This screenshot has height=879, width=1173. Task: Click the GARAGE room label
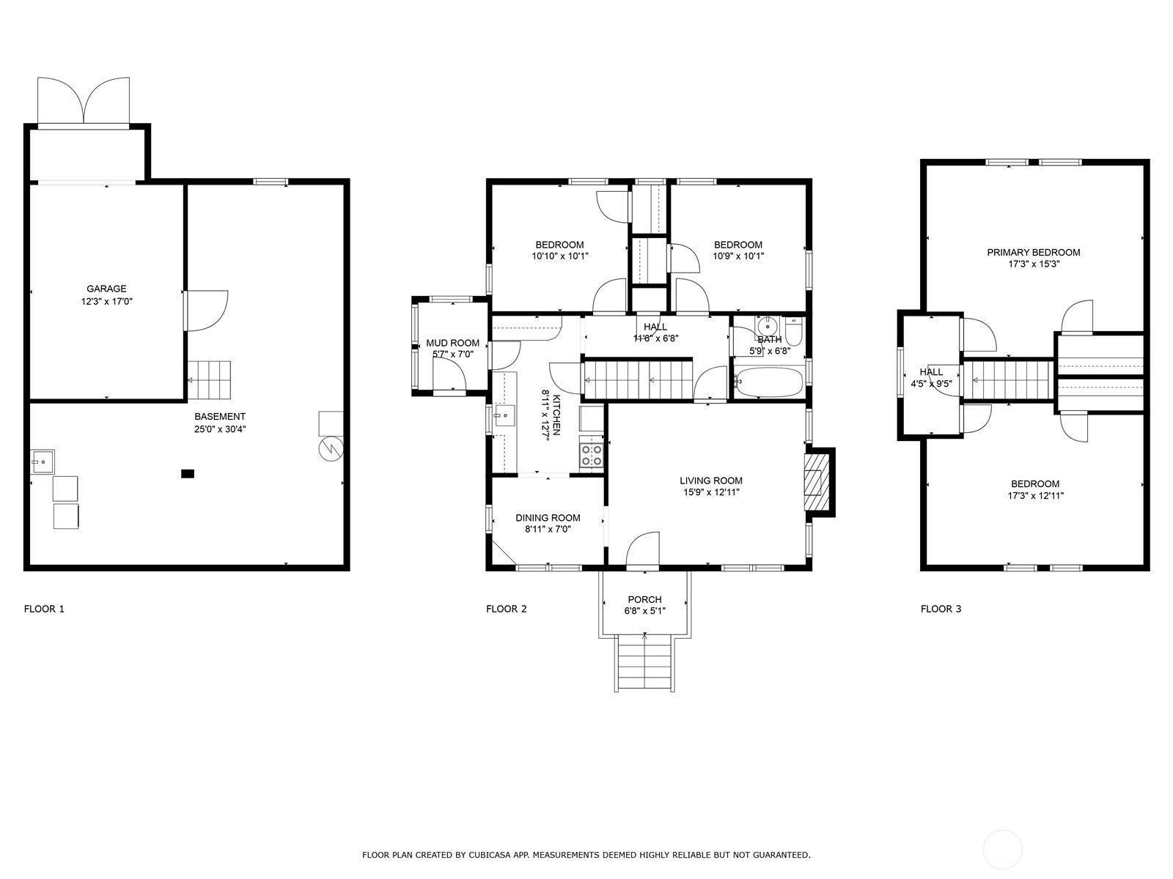[106, 289]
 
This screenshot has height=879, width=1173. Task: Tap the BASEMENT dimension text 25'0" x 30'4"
[220, 429]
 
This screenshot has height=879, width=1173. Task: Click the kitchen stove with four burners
[592, 455]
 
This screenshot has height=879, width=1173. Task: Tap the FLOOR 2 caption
[506, 609]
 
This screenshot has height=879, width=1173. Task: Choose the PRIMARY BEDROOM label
[1034, 253]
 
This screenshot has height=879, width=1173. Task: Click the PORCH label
[644, 599]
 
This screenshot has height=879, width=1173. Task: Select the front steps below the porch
[645, 664]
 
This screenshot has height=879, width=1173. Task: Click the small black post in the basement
[188, 473]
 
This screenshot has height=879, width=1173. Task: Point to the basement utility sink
[43, 461]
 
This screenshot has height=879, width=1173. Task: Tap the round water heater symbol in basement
[331, 449]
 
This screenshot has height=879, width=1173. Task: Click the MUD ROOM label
[452, 343]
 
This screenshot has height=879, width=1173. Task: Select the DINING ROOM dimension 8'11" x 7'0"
[548, 530]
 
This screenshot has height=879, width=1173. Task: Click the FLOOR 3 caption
[941, 609]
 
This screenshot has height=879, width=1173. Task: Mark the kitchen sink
[504, 415]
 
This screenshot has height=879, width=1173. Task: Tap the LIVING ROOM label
[710, 481]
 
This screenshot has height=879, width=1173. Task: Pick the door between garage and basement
[206, 311]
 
